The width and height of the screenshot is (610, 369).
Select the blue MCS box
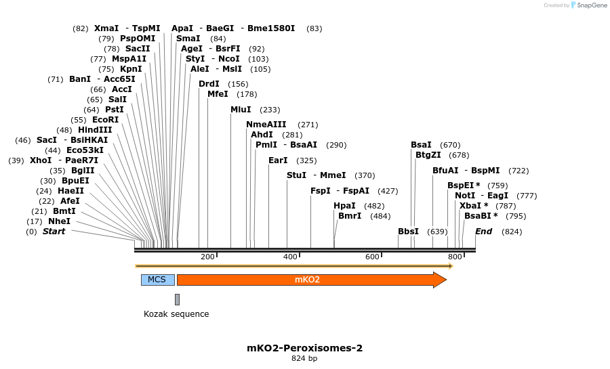pos(157,280)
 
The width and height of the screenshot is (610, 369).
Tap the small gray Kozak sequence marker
pos(178,299)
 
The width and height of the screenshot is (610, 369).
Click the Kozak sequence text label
pos(176,314)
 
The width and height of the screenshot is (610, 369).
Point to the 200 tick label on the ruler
pos(207,257)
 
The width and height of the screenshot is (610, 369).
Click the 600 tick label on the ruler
pos(372,257)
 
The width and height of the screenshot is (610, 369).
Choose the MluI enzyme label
pos(241,110)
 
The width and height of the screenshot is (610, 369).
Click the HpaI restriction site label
pos(344,206)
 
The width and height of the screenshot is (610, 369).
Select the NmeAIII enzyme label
pos(266,125)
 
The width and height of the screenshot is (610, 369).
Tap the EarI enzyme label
pos(278,160)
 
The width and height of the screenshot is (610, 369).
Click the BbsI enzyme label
pos(408,232)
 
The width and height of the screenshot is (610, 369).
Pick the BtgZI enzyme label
pos(428,155)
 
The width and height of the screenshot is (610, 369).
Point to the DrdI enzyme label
pos(209,84)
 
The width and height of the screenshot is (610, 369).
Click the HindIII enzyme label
pos(95,130)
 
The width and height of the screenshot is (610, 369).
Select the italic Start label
pos(54,232)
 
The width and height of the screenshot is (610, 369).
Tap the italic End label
pos(483,232)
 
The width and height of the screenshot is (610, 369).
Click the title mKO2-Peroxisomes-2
pos(305,348)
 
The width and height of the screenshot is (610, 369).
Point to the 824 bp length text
pos(304,359)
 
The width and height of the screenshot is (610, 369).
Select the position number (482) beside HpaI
pos(375,206)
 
